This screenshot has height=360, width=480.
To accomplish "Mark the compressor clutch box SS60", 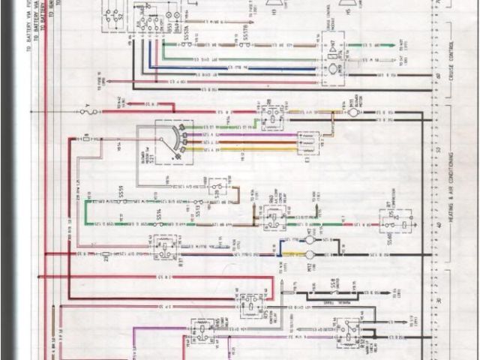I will [391, 223].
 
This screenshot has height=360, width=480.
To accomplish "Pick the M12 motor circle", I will [308, 255].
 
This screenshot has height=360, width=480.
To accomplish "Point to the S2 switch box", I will [114, 16].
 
